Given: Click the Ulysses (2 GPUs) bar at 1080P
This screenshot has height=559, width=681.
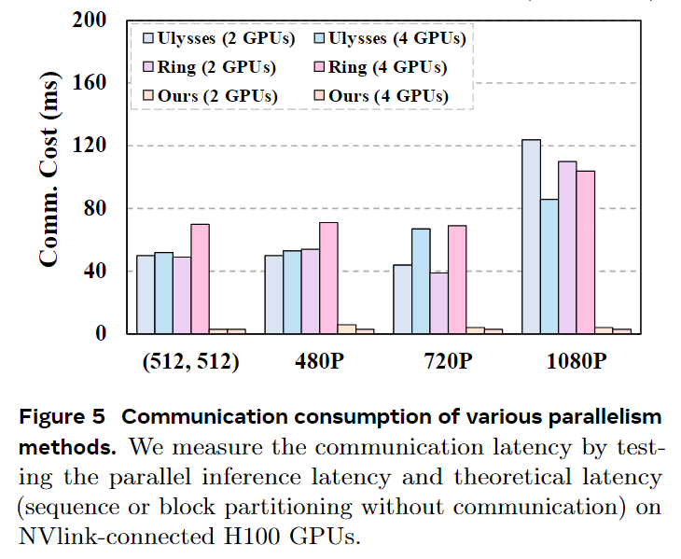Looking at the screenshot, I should click(x=531, y=236).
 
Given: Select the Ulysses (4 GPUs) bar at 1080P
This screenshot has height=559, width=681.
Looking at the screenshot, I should click(x=549, y=266).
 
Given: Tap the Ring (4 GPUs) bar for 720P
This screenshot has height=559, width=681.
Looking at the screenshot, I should click(x=457, y=279).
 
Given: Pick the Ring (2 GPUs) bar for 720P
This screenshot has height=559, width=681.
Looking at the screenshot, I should click(x=438, y=302).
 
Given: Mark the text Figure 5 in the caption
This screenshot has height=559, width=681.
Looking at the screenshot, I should click(x=66, y=415).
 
